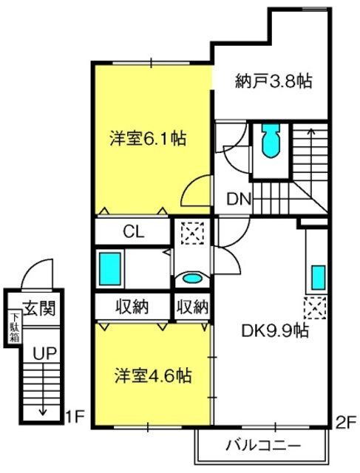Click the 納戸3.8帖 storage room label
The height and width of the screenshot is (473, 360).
click(273, 81)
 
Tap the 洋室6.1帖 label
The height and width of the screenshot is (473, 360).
click(148, 138)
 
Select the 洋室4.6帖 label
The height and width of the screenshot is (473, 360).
click(153, 376)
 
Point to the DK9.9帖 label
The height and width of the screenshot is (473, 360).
click(275, 331)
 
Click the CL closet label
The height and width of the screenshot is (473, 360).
click(134, 232)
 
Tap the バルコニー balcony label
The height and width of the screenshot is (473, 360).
click(263, 445)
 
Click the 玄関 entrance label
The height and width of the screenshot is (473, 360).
click(40, 308)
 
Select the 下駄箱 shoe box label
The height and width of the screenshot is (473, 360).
click(15, 328)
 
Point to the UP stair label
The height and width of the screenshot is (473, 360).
click(44, 353)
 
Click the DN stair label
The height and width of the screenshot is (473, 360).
click(239, 199)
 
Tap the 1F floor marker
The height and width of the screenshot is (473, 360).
click(74, 418)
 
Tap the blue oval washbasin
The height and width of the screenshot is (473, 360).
click(192, 278)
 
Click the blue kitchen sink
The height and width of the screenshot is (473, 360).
click(319, 278)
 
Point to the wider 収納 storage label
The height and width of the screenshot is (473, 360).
click(132, 307)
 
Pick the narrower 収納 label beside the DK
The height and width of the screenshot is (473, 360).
click(192, 307)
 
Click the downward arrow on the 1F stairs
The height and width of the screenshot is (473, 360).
click(43, 389)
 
